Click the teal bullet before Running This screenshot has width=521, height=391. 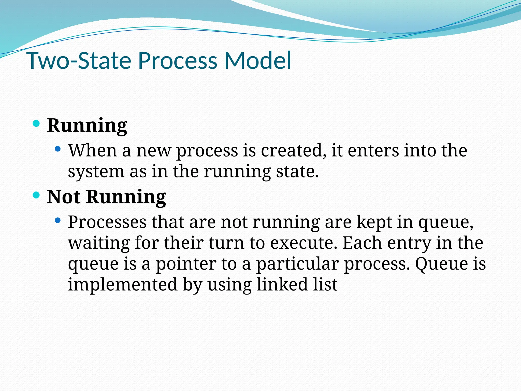pos(36,124)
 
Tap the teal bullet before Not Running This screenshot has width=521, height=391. pos(36,195)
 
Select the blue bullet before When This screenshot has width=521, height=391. pos(58,149)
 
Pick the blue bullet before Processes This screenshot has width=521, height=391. pos(58,220)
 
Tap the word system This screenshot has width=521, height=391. pos(96,172)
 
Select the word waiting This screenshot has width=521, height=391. pos(99,243)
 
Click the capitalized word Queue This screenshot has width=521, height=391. pos(441,264)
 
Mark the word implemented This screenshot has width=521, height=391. pos(122,285)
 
